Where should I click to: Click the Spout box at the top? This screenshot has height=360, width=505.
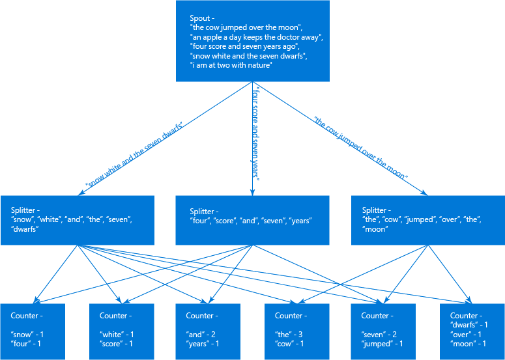click(253, 41)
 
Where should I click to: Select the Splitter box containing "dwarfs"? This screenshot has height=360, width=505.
click(78, 220)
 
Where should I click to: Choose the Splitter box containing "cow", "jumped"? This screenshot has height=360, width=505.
click(427, 220)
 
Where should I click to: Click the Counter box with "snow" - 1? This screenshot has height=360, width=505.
click(32, 331)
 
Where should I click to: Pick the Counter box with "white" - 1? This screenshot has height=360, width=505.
click(121, 331)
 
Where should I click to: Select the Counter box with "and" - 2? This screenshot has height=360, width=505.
click(208, 331)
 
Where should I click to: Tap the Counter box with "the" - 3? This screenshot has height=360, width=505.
click(296, 331)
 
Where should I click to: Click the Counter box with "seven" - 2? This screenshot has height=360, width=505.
click(384, 331)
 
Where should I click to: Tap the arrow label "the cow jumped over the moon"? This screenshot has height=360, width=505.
click(360, 148)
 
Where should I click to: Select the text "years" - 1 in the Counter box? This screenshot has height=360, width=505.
click(203, 344)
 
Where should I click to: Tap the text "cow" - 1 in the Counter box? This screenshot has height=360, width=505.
click(289, 344)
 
